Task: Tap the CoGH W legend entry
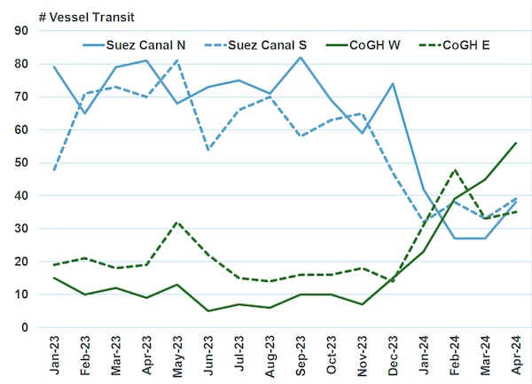pyautogui.click(x=363, y=45)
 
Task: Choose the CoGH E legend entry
pyautogui.click(x=456, y=45)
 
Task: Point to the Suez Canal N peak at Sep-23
pyautogui.click(x=300, y=58)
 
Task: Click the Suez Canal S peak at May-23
pyautogui.click(x=176, y=61)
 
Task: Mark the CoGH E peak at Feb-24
pyautogui.click(x=454, y=169)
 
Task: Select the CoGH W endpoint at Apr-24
pyautogui.click(x=516, y=143)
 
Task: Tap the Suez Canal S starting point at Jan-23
pyautogui.click(x=53, y=169)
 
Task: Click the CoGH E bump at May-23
pyautogui.click(x=176, y=223)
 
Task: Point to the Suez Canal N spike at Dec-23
pyautogui.click(x=393, y=84)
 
